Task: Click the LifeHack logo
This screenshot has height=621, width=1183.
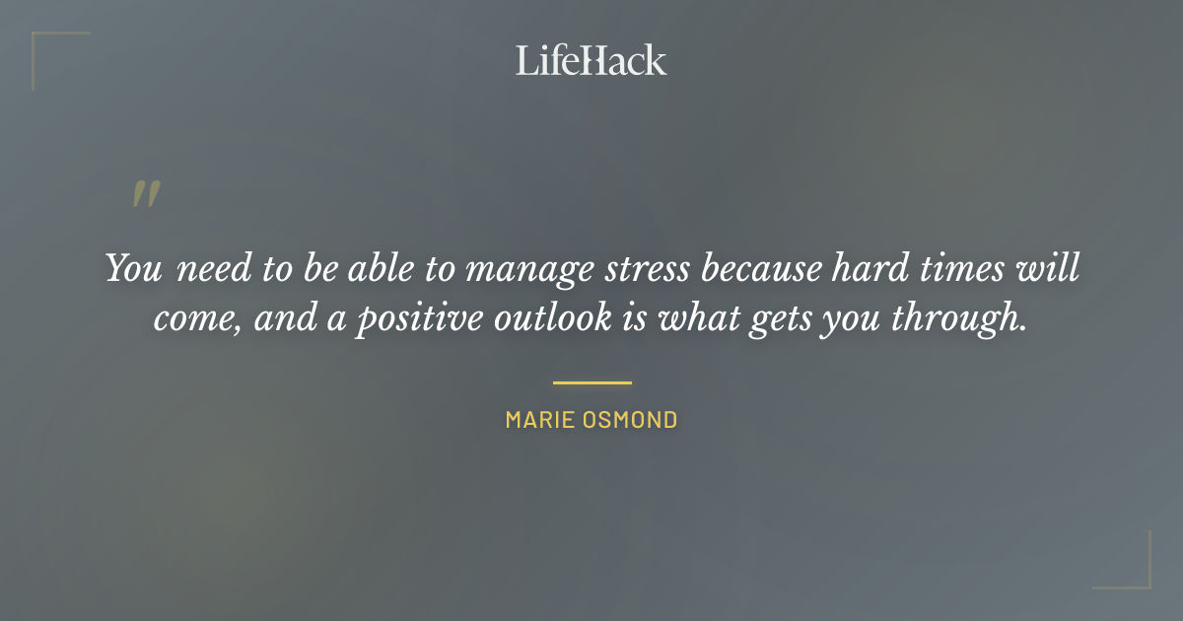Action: point(591,60)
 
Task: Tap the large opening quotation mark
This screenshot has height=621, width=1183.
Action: point(145,194)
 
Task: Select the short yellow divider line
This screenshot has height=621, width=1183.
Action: point(591,382)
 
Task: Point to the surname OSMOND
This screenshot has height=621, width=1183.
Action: point(633,420)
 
